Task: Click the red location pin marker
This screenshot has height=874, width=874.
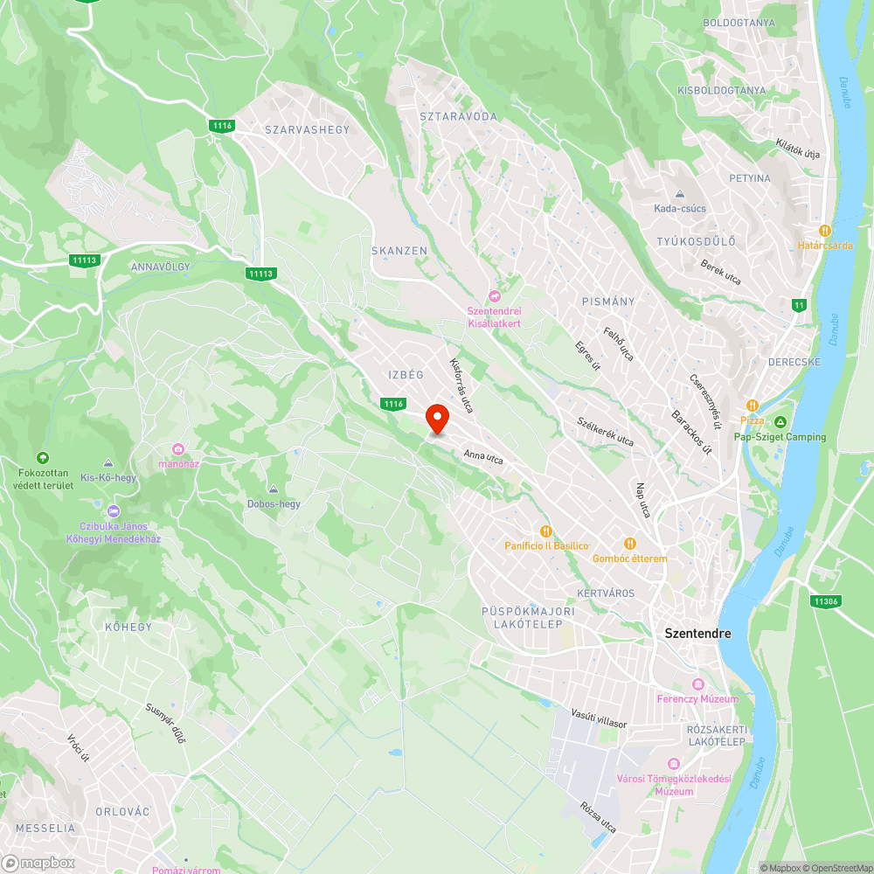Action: tap(436, 419)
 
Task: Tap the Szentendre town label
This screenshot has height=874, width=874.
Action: tap(697, 633)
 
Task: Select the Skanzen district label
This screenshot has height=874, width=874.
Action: tap(399, 251)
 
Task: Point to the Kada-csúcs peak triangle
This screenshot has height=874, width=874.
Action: tap(680, 194)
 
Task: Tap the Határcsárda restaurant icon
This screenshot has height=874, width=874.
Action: tap(825, 230)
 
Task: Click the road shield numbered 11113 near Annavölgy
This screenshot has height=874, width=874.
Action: tap(85, 260)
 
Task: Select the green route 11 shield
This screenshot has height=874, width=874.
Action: tap(798, 305)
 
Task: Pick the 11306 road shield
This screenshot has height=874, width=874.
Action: tap(825, 601)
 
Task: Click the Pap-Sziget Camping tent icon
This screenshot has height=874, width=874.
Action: tap(780, 422)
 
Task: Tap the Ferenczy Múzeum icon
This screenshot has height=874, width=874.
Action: tap(697, 684)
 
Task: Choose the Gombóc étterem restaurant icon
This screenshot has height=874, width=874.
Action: tap(629, 544)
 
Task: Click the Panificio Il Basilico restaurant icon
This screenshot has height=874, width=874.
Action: tap(546, 531)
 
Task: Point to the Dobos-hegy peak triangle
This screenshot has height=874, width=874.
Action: tap(274, 489)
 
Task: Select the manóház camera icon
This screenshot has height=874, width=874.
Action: tap(178, 449)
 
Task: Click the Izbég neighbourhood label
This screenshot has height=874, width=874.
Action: tap(406, 375)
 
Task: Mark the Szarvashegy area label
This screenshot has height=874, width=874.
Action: tap(307, 130)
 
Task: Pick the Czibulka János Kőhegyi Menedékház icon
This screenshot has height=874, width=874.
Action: tap(113, 511)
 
